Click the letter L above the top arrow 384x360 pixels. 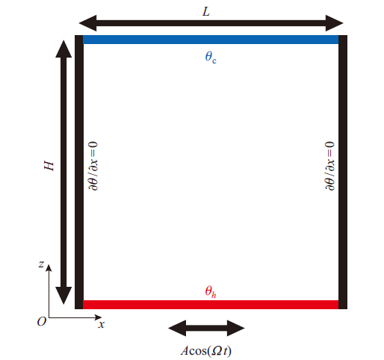click(x=206, y=11)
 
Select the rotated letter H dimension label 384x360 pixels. click(x=49, y=166)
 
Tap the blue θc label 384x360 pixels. click(x=211, y=57)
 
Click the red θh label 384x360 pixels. click(x=211, y=291)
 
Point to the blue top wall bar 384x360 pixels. click(x=211, y=40)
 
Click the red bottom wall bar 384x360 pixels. click(x=211, y=305)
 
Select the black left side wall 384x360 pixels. click(x=79, y=172)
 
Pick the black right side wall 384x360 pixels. click(x=343, y=172)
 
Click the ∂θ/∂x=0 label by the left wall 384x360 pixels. click(x=93, y=166)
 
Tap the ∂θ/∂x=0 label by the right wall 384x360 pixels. click(x=329, y=166)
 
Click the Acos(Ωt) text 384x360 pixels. click(x=206, y=351)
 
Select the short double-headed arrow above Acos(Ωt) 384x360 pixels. click(x=206, y=328)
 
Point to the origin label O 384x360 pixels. click(x=42, y=322)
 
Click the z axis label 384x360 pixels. click(x=41, y=264)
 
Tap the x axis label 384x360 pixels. click(x=102, y=324)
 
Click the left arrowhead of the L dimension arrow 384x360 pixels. click(x=87, y=23)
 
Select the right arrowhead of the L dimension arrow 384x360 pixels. click(x=335, y=23)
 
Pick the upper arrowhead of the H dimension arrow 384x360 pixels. click(x=64, y=49)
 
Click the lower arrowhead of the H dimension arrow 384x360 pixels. click(x=64, y=296)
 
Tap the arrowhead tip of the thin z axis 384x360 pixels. click(x=49, y=264)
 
